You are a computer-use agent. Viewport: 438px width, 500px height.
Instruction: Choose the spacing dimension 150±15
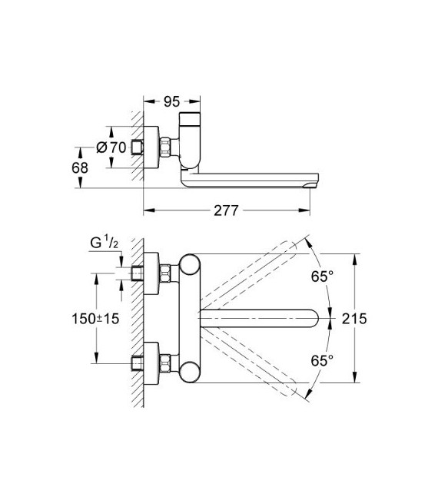click(x=93, y=319)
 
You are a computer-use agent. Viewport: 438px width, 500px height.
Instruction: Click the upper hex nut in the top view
click(x=165, y=273)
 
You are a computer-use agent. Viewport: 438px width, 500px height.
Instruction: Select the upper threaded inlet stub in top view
click(x=139, y=273)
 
